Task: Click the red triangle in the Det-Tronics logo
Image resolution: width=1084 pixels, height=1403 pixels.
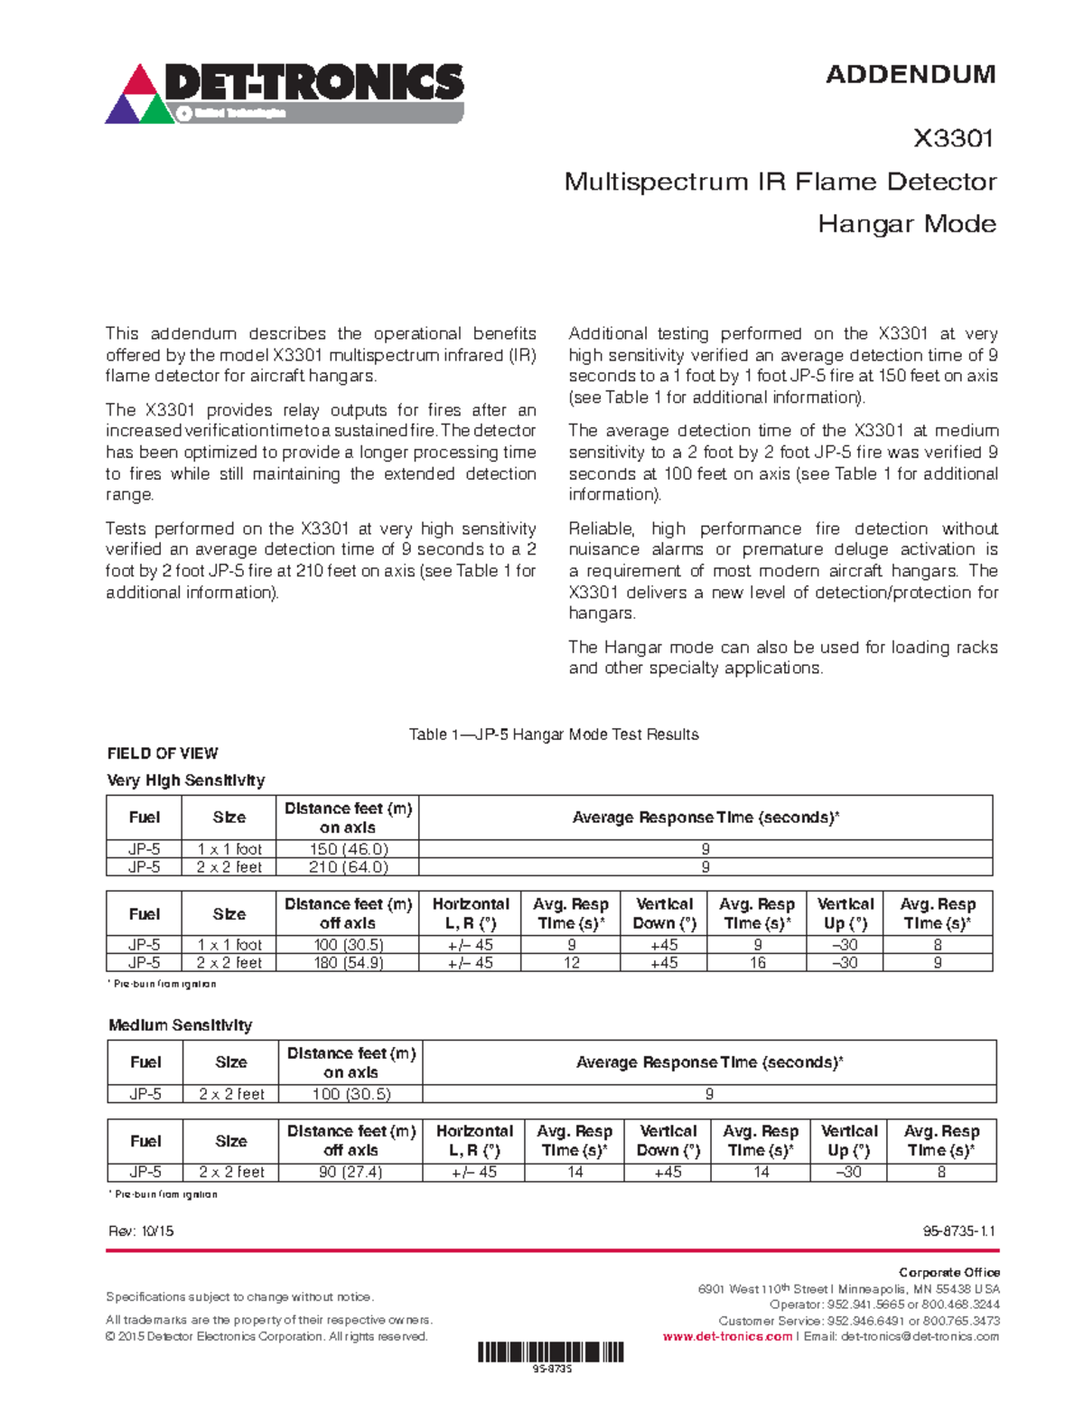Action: (139, 82)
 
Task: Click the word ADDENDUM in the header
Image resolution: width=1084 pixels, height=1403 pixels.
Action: (910, 74)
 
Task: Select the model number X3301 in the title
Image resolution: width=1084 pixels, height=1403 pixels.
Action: (953, 138)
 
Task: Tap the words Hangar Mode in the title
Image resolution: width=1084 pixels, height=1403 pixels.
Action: (906, 224)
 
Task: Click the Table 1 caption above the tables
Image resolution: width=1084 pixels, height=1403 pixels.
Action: (553, 734)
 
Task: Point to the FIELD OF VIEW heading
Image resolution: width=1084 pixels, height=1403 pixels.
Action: (162, 753)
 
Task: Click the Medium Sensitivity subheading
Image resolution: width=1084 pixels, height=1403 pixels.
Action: (180, 1025)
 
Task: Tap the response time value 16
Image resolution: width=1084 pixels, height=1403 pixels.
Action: (757, 963)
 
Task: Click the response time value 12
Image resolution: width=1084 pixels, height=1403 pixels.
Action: (571, 963)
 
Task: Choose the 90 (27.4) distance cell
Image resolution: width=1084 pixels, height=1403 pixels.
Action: (350, 1173)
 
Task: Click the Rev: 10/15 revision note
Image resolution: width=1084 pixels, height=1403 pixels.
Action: (140, 1231)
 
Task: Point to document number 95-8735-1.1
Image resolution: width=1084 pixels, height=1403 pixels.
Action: (958, 1231)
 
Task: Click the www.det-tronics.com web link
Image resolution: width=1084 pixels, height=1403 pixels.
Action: (726, 1337)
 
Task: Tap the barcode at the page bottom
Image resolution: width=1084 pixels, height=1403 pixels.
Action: (550, 1352)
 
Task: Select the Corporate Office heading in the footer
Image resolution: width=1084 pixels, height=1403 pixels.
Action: (948, 1272)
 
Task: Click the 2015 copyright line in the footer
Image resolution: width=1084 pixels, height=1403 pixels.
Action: (266, 1337)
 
